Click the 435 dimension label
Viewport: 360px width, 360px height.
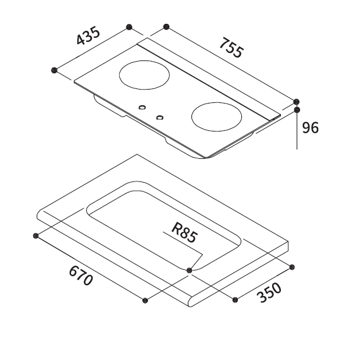coord(88,36)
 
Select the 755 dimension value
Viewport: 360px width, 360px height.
coord(231,48)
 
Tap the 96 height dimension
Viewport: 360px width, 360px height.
coord(310,127)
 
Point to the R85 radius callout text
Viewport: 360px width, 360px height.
coord(184,233)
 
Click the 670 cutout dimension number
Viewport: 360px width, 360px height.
coord(81,276)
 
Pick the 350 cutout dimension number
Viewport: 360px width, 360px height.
coord(270,293)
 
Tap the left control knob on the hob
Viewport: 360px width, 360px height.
coord(142,107)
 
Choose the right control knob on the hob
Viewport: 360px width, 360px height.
coord(160,117)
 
